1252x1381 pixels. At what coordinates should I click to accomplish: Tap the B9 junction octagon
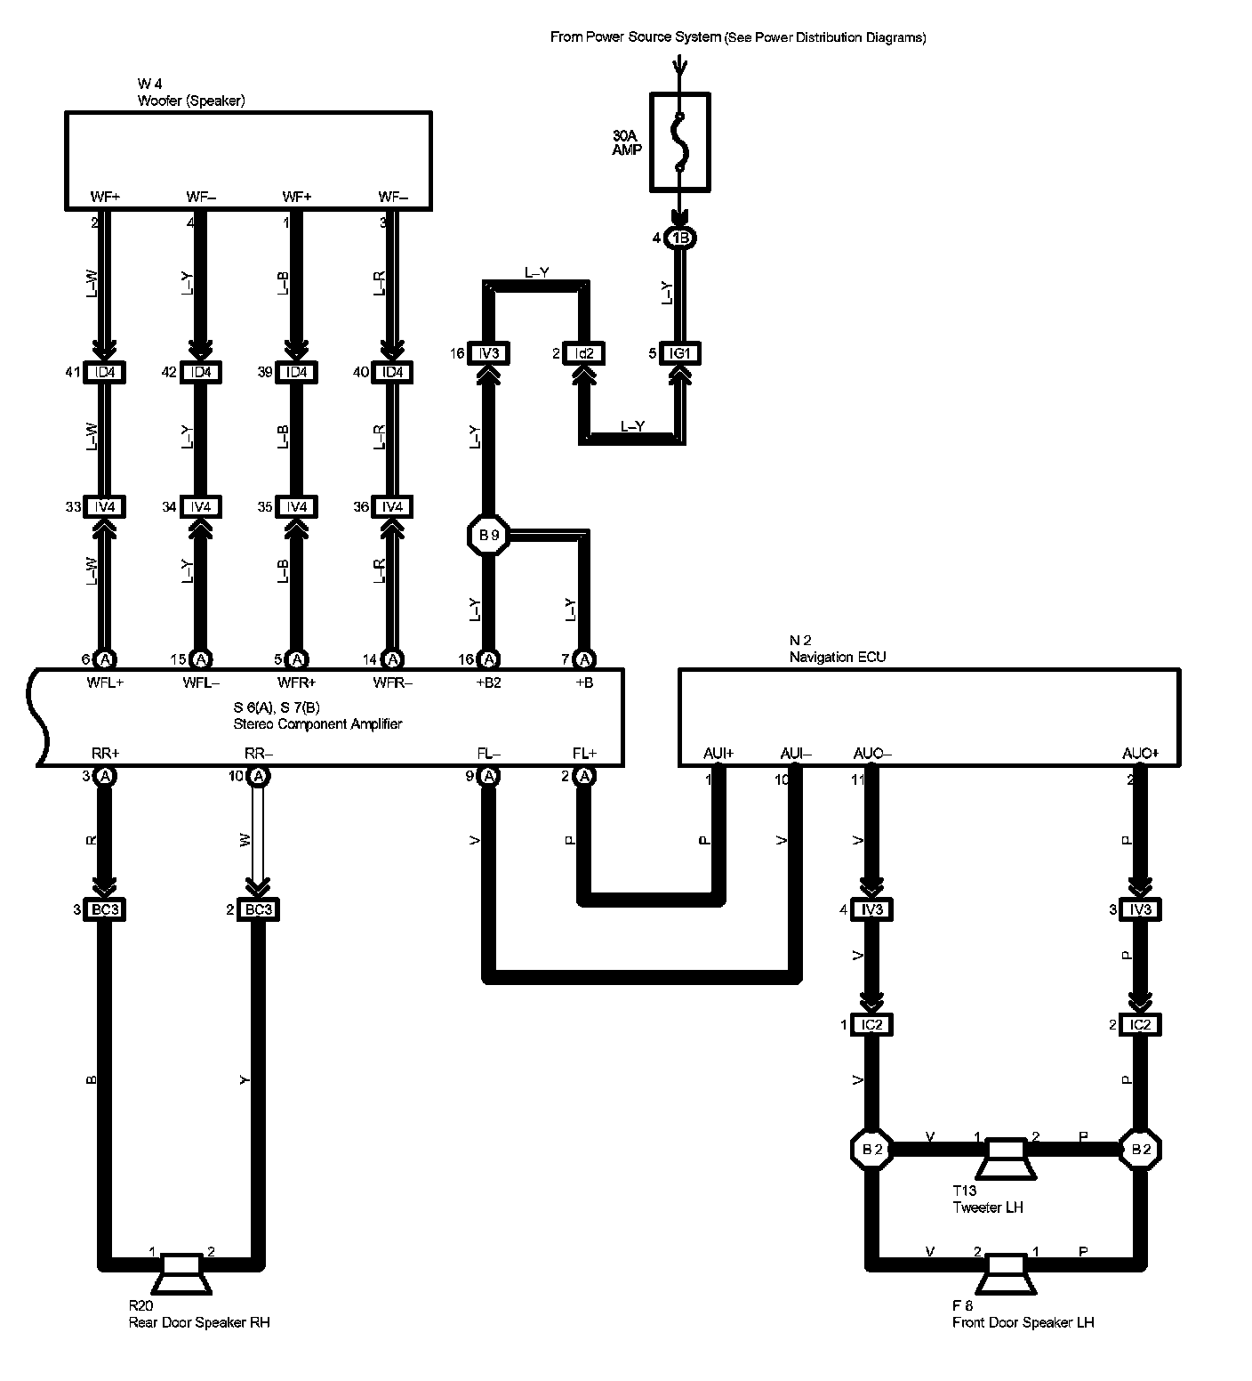pyautogui.click(x=488, y=536)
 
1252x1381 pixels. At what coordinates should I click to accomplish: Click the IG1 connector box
pyautogui.click(x=679, y=353)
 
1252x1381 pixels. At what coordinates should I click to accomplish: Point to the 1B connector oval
pyautogui.click(x=681, y=238)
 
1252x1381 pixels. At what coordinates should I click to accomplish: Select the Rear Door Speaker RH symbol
pyautogui.click(x=181, y=1272)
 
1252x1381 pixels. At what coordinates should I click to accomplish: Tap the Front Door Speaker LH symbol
pyautogui.click(x=1006, y=1272)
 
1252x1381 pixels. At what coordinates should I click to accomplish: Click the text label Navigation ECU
pyautogui.click(x=838, y=657)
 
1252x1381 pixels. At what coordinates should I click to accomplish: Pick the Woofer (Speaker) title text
pyautogui.click(x=191, y=101)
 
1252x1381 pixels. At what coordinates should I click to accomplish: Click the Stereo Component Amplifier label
pyautogui.click(x=318, y=723)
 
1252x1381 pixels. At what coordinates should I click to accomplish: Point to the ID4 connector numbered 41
pyautogui.click(x=104, y=372)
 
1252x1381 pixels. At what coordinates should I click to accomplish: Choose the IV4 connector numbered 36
pyautogui.click(x=391, y=507)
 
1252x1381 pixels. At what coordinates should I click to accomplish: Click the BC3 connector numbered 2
pyautogui.click(x=257, y=909)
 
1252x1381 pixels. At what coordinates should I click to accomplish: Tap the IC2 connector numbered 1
pyautogui.click(x=871, y=1025)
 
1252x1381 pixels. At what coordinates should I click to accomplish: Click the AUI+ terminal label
pyautogui.click(x=718, y=754)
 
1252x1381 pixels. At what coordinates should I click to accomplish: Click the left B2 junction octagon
pyautogui.click(x=871, y=1149)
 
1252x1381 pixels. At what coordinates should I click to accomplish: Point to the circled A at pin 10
pyautogui.click(x=259, y=776)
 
